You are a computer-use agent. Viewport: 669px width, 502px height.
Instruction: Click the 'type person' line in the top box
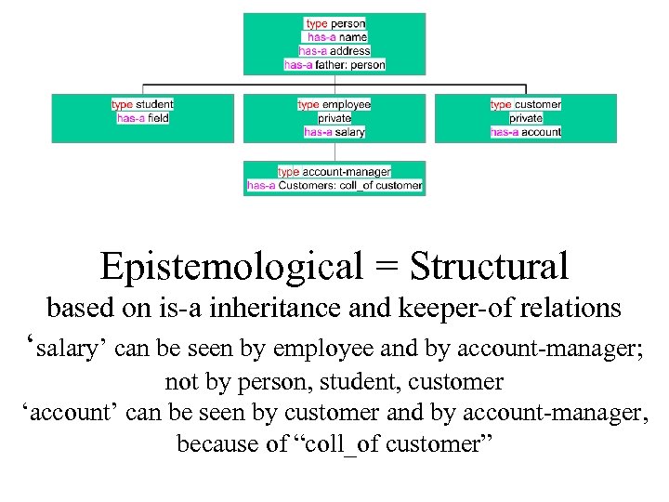click(334, 23)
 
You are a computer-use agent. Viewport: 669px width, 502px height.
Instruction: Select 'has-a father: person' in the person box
click(334, 65)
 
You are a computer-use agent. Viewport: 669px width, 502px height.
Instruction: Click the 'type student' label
click(142, 104)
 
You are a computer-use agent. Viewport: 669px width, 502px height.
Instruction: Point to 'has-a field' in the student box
click(142, 118)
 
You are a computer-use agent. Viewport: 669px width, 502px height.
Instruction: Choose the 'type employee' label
click(334, 104)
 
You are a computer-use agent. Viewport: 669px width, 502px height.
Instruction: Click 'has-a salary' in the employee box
click(334, 132)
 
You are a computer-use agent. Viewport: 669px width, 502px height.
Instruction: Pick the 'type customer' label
click(526, 104)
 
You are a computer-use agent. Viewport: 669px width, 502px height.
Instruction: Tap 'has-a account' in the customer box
click(526, 132)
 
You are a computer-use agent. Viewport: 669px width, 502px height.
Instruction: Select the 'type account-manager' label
click(334, 172)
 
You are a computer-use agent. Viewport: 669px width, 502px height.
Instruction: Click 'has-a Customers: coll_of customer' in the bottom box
click(334, 185)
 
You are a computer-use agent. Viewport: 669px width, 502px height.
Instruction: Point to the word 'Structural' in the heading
click(489, 267)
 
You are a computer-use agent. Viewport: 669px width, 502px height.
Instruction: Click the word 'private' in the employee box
click(334, 118)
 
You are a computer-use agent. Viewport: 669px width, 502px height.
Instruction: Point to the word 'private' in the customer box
click(526, 118)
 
